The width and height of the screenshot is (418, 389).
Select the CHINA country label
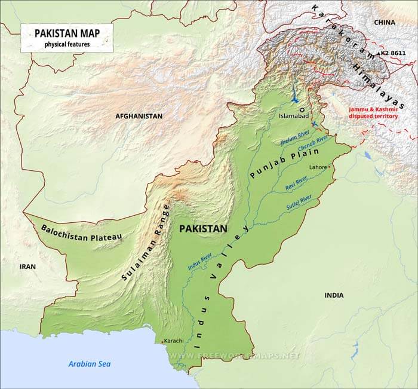click(385, 22)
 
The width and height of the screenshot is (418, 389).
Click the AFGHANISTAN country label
click(139, 116)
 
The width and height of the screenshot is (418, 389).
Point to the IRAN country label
click(27, 267)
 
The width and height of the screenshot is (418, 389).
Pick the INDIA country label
click(334, 295)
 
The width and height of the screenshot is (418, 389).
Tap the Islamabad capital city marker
click(302, 110)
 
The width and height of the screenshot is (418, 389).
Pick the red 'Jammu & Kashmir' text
click(374, 109)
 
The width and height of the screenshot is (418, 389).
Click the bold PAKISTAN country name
click(203, 228)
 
